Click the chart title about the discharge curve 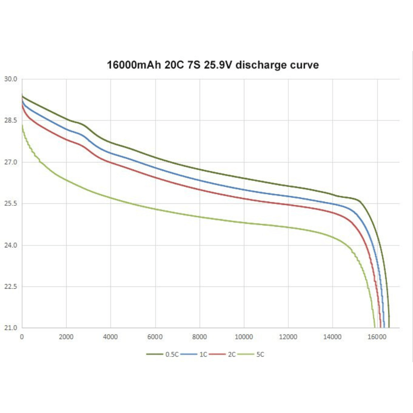(213, 65)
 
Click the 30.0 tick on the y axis (11, 79)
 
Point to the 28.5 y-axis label (11, 120)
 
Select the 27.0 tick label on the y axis (11, 162)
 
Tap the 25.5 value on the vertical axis (11, 203)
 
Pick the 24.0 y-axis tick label (11, 245)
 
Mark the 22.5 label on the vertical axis (11, 286)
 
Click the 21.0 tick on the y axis (11, 328)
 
